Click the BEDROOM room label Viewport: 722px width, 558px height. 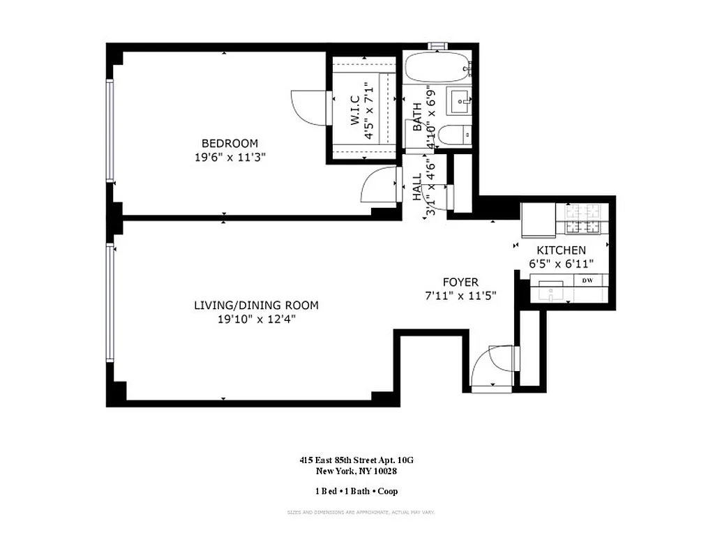230,144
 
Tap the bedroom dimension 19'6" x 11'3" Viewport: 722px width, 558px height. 230,158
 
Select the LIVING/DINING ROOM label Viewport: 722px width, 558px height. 256,306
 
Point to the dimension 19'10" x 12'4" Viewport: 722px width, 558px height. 256,320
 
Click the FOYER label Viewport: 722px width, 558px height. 460,282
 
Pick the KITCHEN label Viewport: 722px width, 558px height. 561,250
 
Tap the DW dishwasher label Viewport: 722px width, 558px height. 587,280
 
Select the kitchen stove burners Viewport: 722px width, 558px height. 582,218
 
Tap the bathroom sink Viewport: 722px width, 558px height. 461,103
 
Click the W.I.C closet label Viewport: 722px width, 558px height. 354,111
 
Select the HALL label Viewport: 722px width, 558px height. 417,187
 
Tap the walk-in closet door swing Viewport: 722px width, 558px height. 308,108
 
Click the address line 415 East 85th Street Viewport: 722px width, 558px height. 356,460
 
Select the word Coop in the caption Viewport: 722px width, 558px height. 388,491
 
